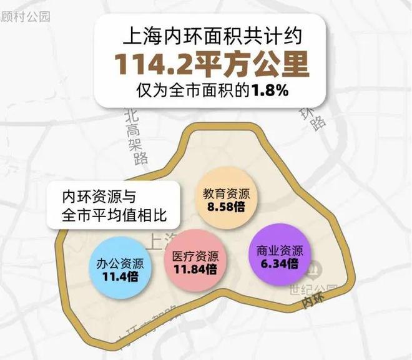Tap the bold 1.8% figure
tap(270, 91)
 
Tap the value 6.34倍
tap(280, 264)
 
